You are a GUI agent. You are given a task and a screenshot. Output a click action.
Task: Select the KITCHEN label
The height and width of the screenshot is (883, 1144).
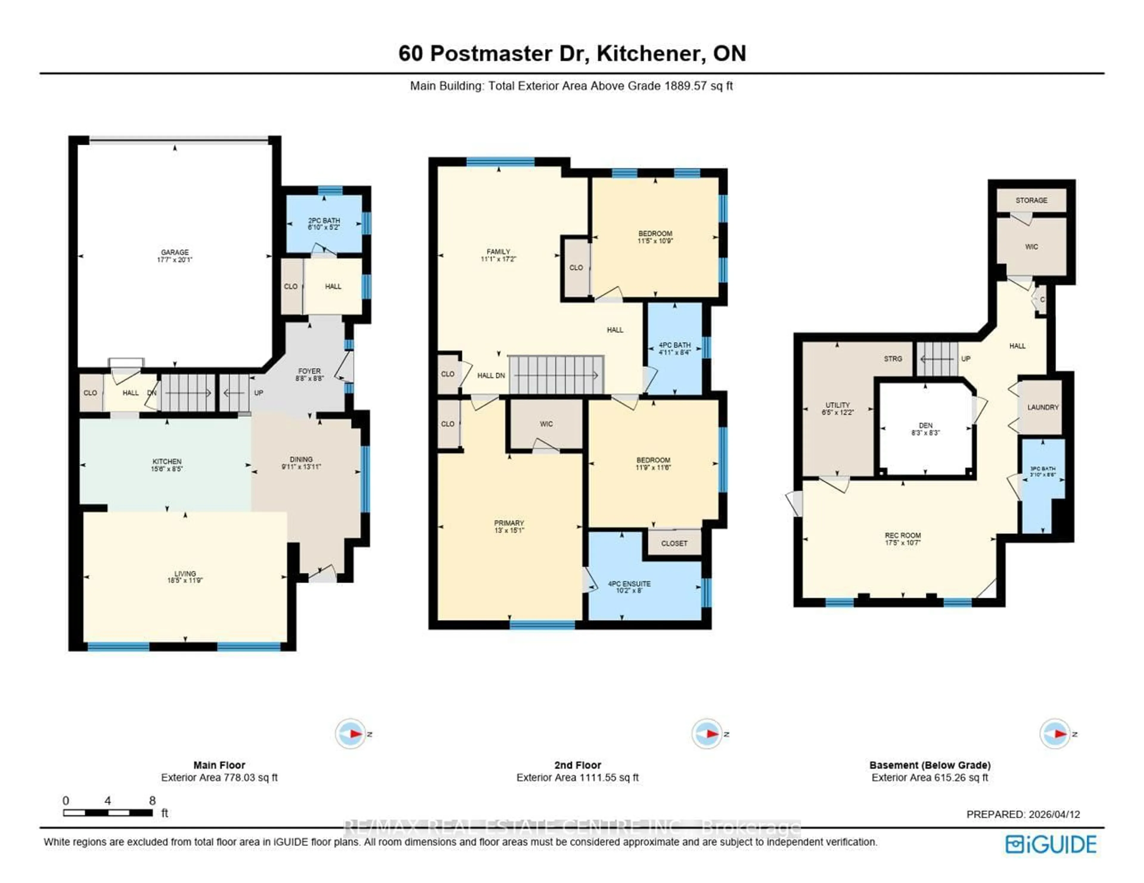click(167, 461)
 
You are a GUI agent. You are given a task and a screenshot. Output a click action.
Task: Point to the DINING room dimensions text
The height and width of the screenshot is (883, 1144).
click(301, 467)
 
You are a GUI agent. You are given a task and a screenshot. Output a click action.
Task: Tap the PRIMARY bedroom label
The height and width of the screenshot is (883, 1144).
click(509, 523)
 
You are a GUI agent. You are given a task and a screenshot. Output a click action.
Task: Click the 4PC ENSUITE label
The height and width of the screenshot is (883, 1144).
click(629, 583)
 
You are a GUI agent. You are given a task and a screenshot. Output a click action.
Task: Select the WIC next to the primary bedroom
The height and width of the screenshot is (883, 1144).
click(546, 424)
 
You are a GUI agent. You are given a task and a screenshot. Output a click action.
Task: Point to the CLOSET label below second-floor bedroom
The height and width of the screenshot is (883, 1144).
click(674, 543)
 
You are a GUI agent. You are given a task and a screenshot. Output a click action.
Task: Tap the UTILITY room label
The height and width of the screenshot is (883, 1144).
click(837, 405)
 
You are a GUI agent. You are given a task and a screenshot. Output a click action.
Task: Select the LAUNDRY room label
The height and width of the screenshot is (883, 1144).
click(1042, 407)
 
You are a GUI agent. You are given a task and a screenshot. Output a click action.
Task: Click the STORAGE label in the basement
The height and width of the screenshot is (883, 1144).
click(1031, 200)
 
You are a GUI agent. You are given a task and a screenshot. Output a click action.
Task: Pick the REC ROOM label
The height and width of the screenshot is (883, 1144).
click(902, 535)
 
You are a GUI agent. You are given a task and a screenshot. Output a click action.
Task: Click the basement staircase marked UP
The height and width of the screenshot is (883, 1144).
click(937, 359)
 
